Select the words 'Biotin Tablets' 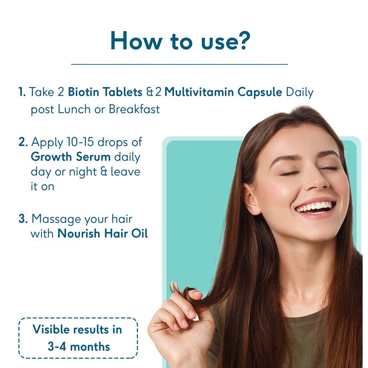pos(105,92)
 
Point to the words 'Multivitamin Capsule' pos(223,92)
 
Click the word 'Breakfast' pos(134,109)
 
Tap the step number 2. pos(23,142)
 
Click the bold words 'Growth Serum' pos(71,157)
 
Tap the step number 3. pos(23,219)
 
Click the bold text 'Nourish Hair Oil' pos(103,234)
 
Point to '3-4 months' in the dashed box pos(79,347)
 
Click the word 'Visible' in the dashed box pos(52,329)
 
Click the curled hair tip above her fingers pos(175,287)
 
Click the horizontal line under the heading pos(180,64)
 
